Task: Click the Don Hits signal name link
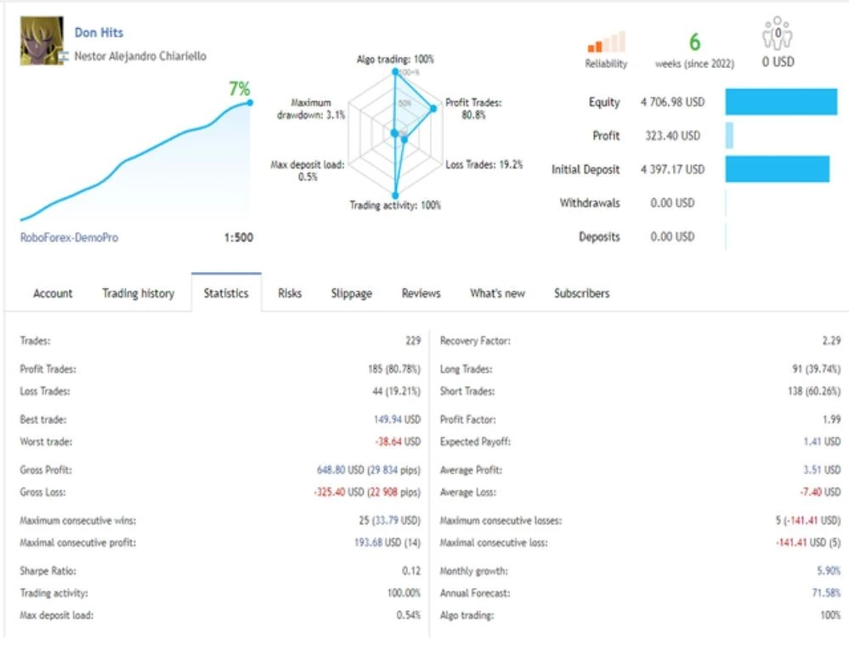tap(99, 32)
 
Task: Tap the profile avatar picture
tap(42, 41)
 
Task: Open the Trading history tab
tap(138, 293)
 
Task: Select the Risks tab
tap(290, 293)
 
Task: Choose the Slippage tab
tap(351, 293)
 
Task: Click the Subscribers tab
tap(581, 293)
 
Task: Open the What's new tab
tap(497, 293)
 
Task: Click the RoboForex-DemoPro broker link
tap(69, 237)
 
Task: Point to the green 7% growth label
tap(240, 88)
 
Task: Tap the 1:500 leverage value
tap(238, 237)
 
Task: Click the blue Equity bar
tap(781, 102)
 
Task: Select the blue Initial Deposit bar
tap(778, 169)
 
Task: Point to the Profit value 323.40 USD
tap(672, 135)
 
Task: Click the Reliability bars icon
tap(607, 42)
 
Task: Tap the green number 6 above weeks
tap(694, 42)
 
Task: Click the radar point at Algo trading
tap(395, 71)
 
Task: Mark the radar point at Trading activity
tap(395, 195)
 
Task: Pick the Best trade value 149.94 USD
tap(397, 419)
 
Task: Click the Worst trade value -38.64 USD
tap(398, 441)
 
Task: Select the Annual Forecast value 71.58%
tap(826, 593)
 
